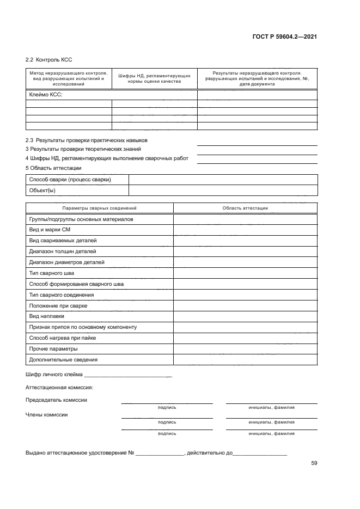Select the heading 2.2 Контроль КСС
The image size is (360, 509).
tap(49, 59)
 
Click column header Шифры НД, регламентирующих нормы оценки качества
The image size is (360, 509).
tap(154, 78)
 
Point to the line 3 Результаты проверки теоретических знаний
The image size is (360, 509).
tap(83, 149)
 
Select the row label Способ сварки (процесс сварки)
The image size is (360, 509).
tap(70, 180)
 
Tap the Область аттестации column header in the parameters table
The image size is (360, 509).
tap(245, 208)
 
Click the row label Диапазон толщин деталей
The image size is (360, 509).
tap(62, 252)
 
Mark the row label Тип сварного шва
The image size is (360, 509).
tap(51, 273)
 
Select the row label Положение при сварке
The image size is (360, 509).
tap(58, 305)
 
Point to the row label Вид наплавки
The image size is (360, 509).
tap(47, 316)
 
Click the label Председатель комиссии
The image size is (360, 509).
tap(56, 400)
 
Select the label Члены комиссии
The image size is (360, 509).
tap(47, 414)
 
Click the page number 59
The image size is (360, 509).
tap(314, 463)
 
